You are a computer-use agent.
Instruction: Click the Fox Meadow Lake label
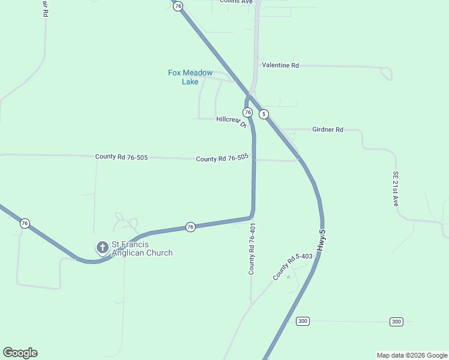190,77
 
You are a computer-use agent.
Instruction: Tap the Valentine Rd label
280,65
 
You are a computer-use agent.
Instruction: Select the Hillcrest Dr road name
231,121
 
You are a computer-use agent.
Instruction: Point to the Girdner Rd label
327,130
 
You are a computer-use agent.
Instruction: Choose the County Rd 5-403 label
293,266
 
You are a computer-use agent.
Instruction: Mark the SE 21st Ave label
396,189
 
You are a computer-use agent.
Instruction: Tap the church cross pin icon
102,247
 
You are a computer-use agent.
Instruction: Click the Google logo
20,353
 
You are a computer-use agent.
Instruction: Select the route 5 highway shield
264,114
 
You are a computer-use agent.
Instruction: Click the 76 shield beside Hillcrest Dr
247,113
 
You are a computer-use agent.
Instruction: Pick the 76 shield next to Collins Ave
178,6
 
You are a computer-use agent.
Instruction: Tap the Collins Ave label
236,2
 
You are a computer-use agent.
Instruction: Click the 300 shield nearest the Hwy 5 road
303,322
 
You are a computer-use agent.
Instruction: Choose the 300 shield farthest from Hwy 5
396,322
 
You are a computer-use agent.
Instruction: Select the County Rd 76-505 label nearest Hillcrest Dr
222,158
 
